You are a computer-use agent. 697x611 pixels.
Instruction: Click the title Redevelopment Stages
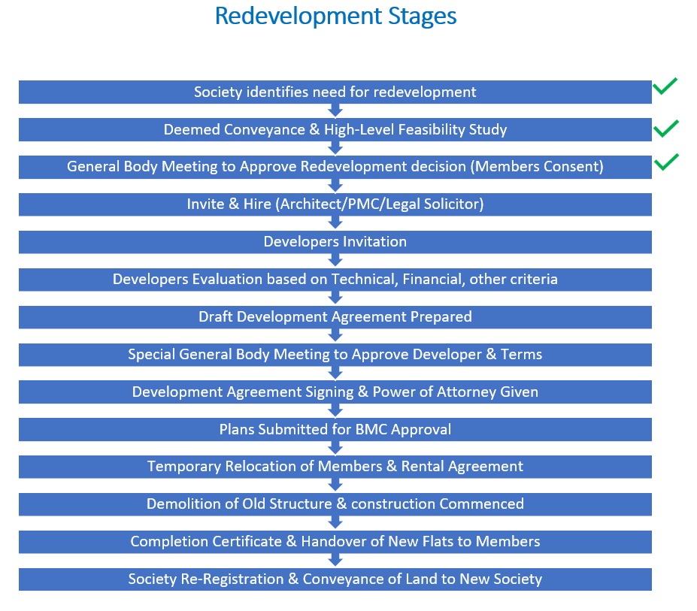pyautogui.click(x=335, y=17)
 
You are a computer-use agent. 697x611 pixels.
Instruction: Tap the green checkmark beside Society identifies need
pyautogui.click(x=665, y=86)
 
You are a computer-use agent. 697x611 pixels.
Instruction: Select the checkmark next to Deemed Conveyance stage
pyautogui.click(x=666, y=129)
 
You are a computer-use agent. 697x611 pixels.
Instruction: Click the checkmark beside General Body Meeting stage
pyautogui.click(x=666, y=162)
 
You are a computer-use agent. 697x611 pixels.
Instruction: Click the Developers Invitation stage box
pyautogui.click(x=335, y=242)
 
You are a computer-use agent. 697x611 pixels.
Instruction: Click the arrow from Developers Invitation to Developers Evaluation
pyautogui.click(x=335, y=260)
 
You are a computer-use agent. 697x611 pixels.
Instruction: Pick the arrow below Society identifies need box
pyautogui.click(x=335, y=110)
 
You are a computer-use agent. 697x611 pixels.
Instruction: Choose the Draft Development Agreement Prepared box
pyautogui.click(x=335, y=317)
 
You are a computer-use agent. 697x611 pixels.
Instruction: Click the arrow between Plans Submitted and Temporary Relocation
pyautogui.click(x=335, y=448)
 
